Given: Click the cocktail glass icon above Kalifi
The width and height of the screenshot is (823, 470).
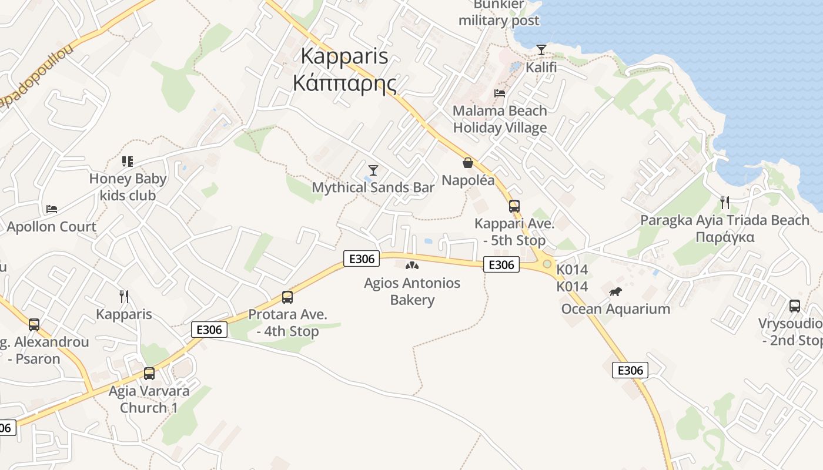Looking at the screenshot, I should [x=541, y=50].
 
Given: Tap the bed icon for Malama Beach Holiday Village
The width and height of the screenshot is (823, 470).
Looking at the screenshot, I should [x=500, y=93].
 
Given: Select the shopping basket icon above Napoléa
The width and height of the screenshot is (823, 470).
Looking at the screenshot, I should [x=468, y=163].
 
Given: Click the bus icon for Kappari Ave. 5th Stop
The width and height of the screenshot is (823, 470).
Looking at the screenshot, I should [x=514, y=206].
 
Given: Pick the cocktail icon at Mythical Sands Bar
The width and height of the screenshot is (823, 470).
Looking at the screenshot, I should [x=373, y=170].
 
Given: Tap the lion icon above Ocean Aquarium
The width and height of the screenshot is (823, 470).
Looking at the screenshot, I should [x=615, y=292].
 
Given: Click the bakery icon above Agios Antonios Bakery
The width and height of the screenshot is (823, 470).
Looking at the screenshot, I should [x=412, y=266].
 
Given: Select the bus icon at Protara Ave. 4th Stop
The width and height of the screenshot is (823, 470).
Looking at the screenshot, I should [x=287, y=297].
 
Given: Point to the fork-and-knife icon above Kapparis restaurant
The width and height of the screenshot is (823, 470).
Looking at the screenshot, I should [x=124, y=297].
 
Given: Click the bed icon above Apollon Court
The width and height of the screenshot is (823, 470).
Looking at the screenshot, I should [x=52, y=209].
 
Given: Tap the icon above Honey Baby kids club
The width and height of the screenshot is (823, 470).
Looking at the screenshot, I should [x=127, y=161].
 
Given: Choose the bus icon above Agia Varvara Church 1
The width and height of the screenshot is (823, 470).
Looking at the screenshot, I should [x=149, y=374].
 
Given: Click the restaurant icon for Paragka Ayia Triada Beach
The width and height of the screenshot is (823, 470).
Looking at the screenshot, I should [x=725, y=203].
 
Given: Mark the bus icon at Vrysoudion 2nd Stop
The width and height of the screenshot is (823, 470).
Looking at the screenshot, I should [x=795, y=306].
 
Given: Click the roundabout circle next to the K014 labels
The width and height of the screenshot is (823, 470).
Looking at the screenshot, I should [x=547, y=264].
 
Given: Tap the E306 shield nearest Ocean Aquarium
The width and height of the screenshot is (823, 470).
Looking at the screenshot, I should [x=630, y=370].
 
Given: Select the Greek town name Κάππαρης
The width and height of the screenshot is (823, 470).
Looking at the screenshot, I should [x=344, y=83].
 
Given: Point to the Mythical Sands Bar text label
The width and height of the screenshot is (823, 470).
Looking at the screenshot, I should [x=373, y=187].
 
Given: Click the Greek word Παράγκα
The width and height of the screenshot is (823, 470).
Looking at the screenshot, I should [x=725, y=237].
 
